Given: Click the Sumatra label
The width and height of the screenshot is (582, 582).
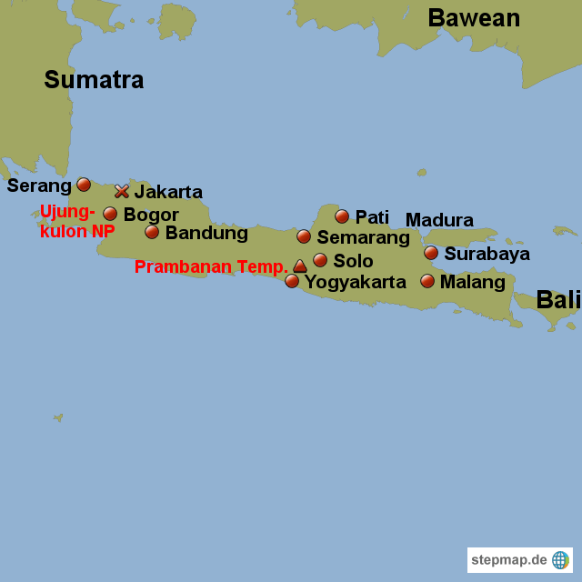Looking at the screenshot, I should (94, 80).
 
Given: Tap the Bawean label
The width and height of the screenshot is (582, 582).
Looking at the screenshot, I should (474, 18).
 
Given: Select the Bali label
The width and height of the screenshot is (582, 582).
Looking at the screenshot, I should (557, 300).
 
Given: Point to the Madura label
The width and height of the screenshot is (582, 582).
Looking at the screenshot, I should (439, 220).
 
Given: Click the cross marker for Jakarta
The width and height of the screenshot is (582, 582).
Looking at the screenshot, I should (121, 191).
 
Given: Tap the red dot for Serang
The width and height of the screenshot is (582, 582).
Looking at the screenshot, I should (84, 185).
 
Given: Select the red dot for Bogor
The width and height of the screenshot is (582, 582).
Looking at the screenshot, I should (110, 214).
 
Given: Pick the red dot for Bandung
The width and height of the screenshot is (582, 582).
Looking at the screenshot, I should (152, 232).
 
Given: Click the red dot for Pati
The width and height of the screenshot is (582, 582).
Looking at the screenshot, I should (342, 216).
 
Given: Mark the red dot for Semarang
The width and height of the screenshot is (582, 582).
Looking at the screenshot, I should (304, 236).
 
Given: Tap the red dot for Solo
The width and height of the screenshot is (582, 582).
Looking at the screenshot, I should (320, 260).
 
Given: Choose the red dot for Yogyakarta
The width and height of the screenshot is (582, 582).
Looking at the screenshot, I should (292, 281).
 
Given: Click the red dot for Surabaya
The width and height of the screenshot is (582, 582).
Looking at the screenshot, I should (431, 253).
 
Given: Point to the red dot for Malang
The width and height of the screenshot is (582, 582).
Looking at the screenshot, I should (427, 281).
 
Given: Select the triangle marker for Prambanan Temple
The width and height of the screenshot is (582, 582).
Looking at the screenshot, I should (300, 266).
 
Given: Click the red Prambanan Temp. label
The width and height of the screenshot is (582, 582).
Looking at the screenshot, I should (211, 267).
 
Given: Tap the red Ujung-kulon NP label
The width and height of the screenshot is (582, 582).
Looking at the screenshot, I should (76, 222).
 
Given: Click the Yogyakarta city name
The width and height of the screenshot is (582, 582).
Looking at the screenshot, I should (355, 282).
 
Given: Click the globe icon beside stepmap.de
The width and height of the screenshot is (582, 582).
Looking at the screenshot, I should (560, 560).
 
